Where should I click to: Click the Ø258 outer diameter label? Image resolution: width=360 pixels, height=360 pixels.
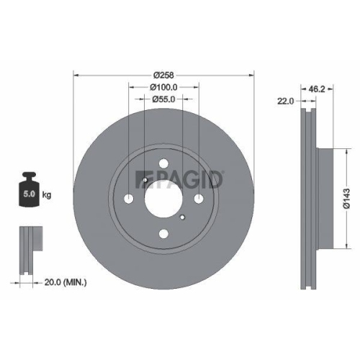pyautogui.click(x=163, y=73)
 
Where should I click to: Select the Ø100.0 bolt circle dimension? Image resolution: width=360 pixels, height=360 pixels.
pyautogui.click(x=163, y=87)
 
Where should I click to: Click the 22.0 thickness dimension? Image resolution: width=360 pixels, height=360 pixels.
pyautogui.click(x=284, y=102)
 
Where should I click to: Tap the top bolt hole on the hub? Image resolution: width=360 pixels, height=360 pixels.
pyautogui.click(x=163, y=163)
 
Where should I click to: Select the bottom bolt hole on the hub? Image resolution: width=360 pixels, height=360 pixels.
pyautogui.click(x=163, y=233)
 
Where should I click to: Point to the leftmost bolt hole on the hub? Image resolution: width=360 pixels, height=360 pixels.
pyautogui.click(x=128, y=198)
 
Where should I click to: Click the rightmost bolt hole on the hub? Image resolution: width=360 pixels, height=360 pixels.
pyautogui.click(x=199, y=198)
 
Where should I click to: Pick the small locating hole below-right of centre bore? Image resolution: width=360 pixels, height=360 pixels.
pyautogui.click(x=183, y=217)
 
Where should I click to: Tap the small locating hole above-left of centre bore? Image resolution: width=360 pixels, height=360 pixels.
pyautogui.click(x=145, y=179)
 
